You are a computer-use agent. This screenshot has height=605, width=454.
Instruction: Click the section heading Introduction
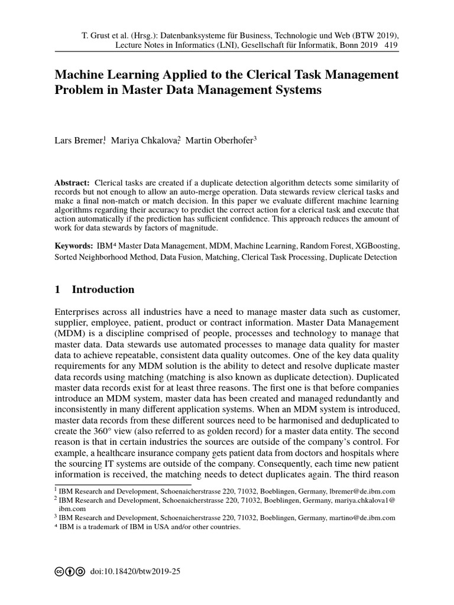click(103, 290)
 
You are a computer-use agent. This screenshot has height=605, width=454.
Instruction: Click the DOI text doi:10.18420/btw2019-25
click(135, 573)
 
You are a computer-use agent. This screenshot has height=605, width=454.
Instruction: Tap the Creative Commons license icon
click(69, 573)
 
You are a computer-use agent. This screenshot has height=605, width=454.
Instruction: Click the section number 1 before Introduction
click(57, 290)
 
